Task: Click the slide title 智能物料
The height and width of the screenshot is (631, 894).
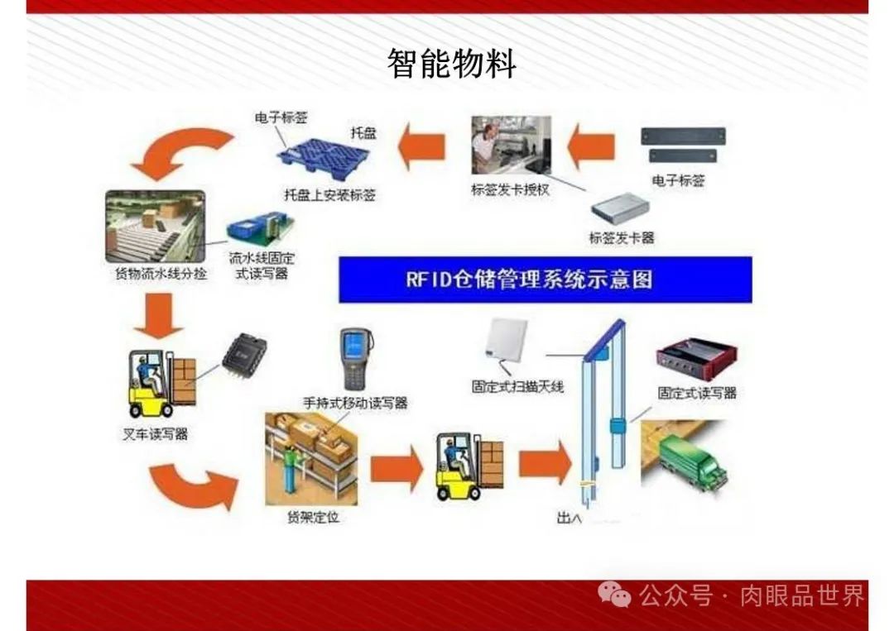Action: tap(451, 64)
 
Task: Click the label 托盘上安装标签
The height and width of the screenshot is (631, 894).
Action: tap(329, 195)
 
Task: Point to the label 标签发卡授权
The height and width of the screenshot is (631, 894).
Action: tap(511, 189)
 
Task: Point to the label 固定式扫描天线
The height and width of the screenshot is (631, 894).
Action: tap(517, 385)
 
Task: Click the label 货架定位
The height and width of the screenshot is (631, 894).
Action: tap(313, 518)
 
